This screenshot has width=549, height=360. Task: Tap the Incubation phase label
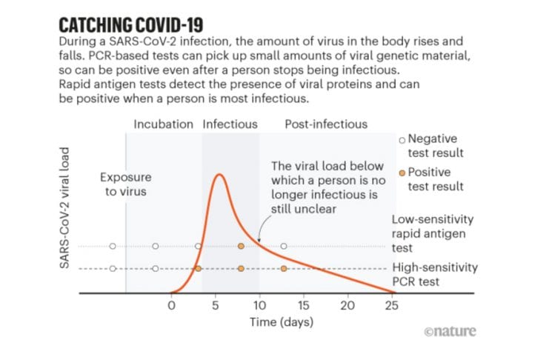[163, 124]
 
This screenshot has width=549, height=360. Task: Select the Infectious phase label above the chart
[230, 124]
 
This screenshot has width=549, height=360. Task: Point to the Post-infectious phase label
[326, 124]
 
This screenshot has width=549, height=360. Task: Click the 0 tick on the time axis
[172, 305]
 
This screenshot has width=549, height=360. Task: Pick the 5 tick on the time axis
[216, 305]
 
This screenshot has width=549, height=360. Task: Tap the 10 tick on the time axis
[259, 305]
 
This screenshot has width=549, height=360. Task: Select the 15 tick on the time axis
[303, 305]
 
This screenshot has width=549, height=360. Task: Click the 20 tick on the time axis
[347, 305]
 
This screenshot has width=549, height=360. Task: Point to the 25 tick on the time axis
[391, 305]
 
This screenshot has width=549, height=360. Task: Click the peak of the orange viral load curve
[219, 176]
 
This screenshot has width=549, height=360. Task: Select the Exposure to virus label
[126, 184]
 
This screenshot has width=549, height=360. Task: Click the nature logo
[450, 331]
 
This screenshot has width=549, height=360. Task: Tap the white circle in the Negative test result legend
[402, 139]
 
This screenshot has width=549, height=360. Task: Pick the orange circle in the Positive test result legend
[402, 173]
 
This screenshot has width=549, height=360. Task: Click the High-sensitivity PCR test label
[434, 274]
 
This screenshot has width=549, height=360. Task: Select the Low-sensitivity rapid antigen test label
[433, 233]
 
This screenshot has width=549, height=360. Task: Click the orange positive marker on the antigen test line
[241, 246]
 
